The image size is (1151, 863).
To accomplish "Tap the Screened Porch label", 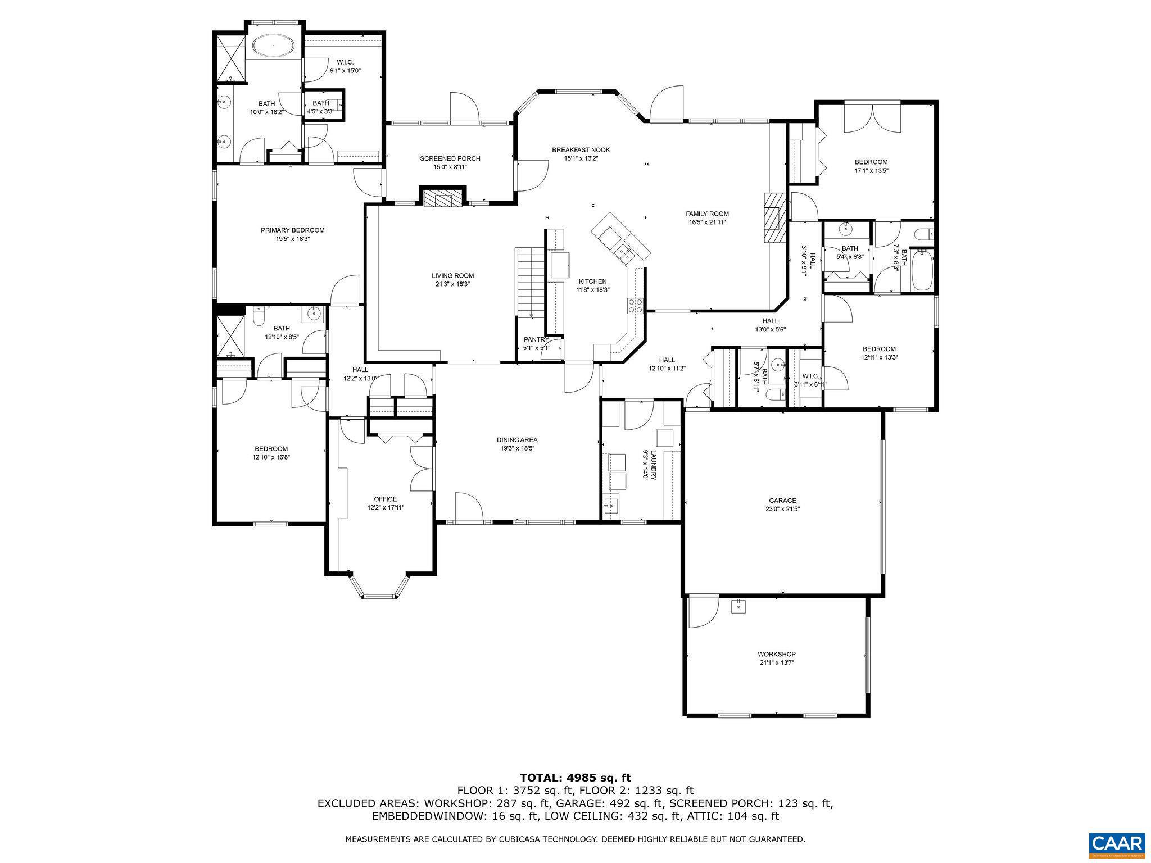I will (x=450, y=158).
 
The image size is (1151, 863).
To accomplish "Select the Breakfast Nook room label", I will (x=581, y=150).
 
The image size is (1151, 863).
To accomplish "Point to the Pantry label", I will (x=536, y=340).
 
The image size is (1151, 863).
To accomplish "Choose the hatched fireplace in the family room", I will (x=774, y=217).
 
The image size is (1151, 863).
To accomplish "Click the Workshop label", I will (x=776, y=654).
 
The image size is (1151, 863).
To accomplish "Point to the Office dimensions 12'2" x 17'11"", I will (x=385, y=507).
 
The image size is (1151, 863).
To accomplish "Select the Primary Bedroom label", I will (x=292, y=230).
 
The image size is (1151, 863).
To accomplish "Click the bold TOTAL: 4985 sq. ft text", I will (x=575, y=778).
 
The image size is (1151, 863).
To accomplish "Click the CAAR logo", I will (x=1116, y=844).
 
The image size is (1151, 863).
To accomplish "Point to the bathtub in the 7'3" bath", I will (x=922, y=271).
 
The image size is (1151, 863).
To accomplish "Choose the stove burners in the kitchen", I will (x=635, y=305).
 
